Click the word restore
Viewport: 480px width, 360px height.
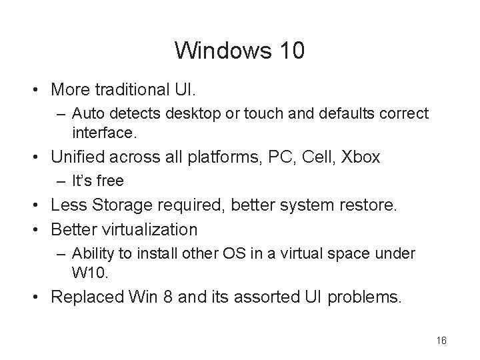367,206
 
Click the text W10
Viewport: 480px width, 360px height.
89,272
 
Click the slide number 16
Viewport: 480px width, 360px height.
441,340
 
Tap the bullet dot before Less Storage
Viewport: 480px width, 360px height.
40,207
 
